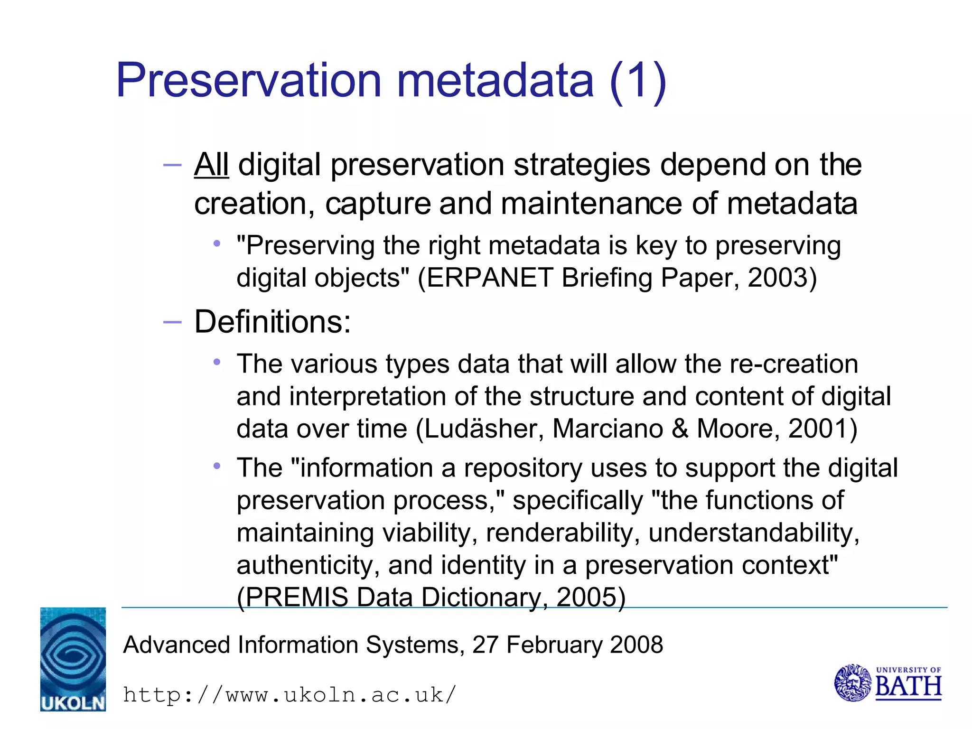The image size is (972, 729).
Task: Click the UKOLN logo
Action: [x=73, y=659]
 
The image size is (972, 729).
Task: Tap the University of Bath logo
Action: [x=888, y=683]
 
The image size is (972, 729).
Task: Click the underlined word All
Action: [x=211, y=165]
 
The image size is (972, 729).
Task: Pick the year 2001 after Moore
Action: [x=817, y=429]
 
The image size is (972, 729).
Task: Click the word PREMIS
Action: [x=297, y=597]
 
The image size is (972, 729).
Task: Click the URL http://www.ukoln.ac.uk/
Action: [x=290, y=695]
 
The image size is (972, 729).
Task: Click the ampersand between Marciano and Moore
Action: [x=680, y=429]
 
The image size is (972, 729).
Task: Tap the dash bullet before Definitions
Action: [x=172, y=322]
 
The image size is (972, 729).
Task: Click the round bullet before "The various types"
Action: [x=217, y=363]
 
